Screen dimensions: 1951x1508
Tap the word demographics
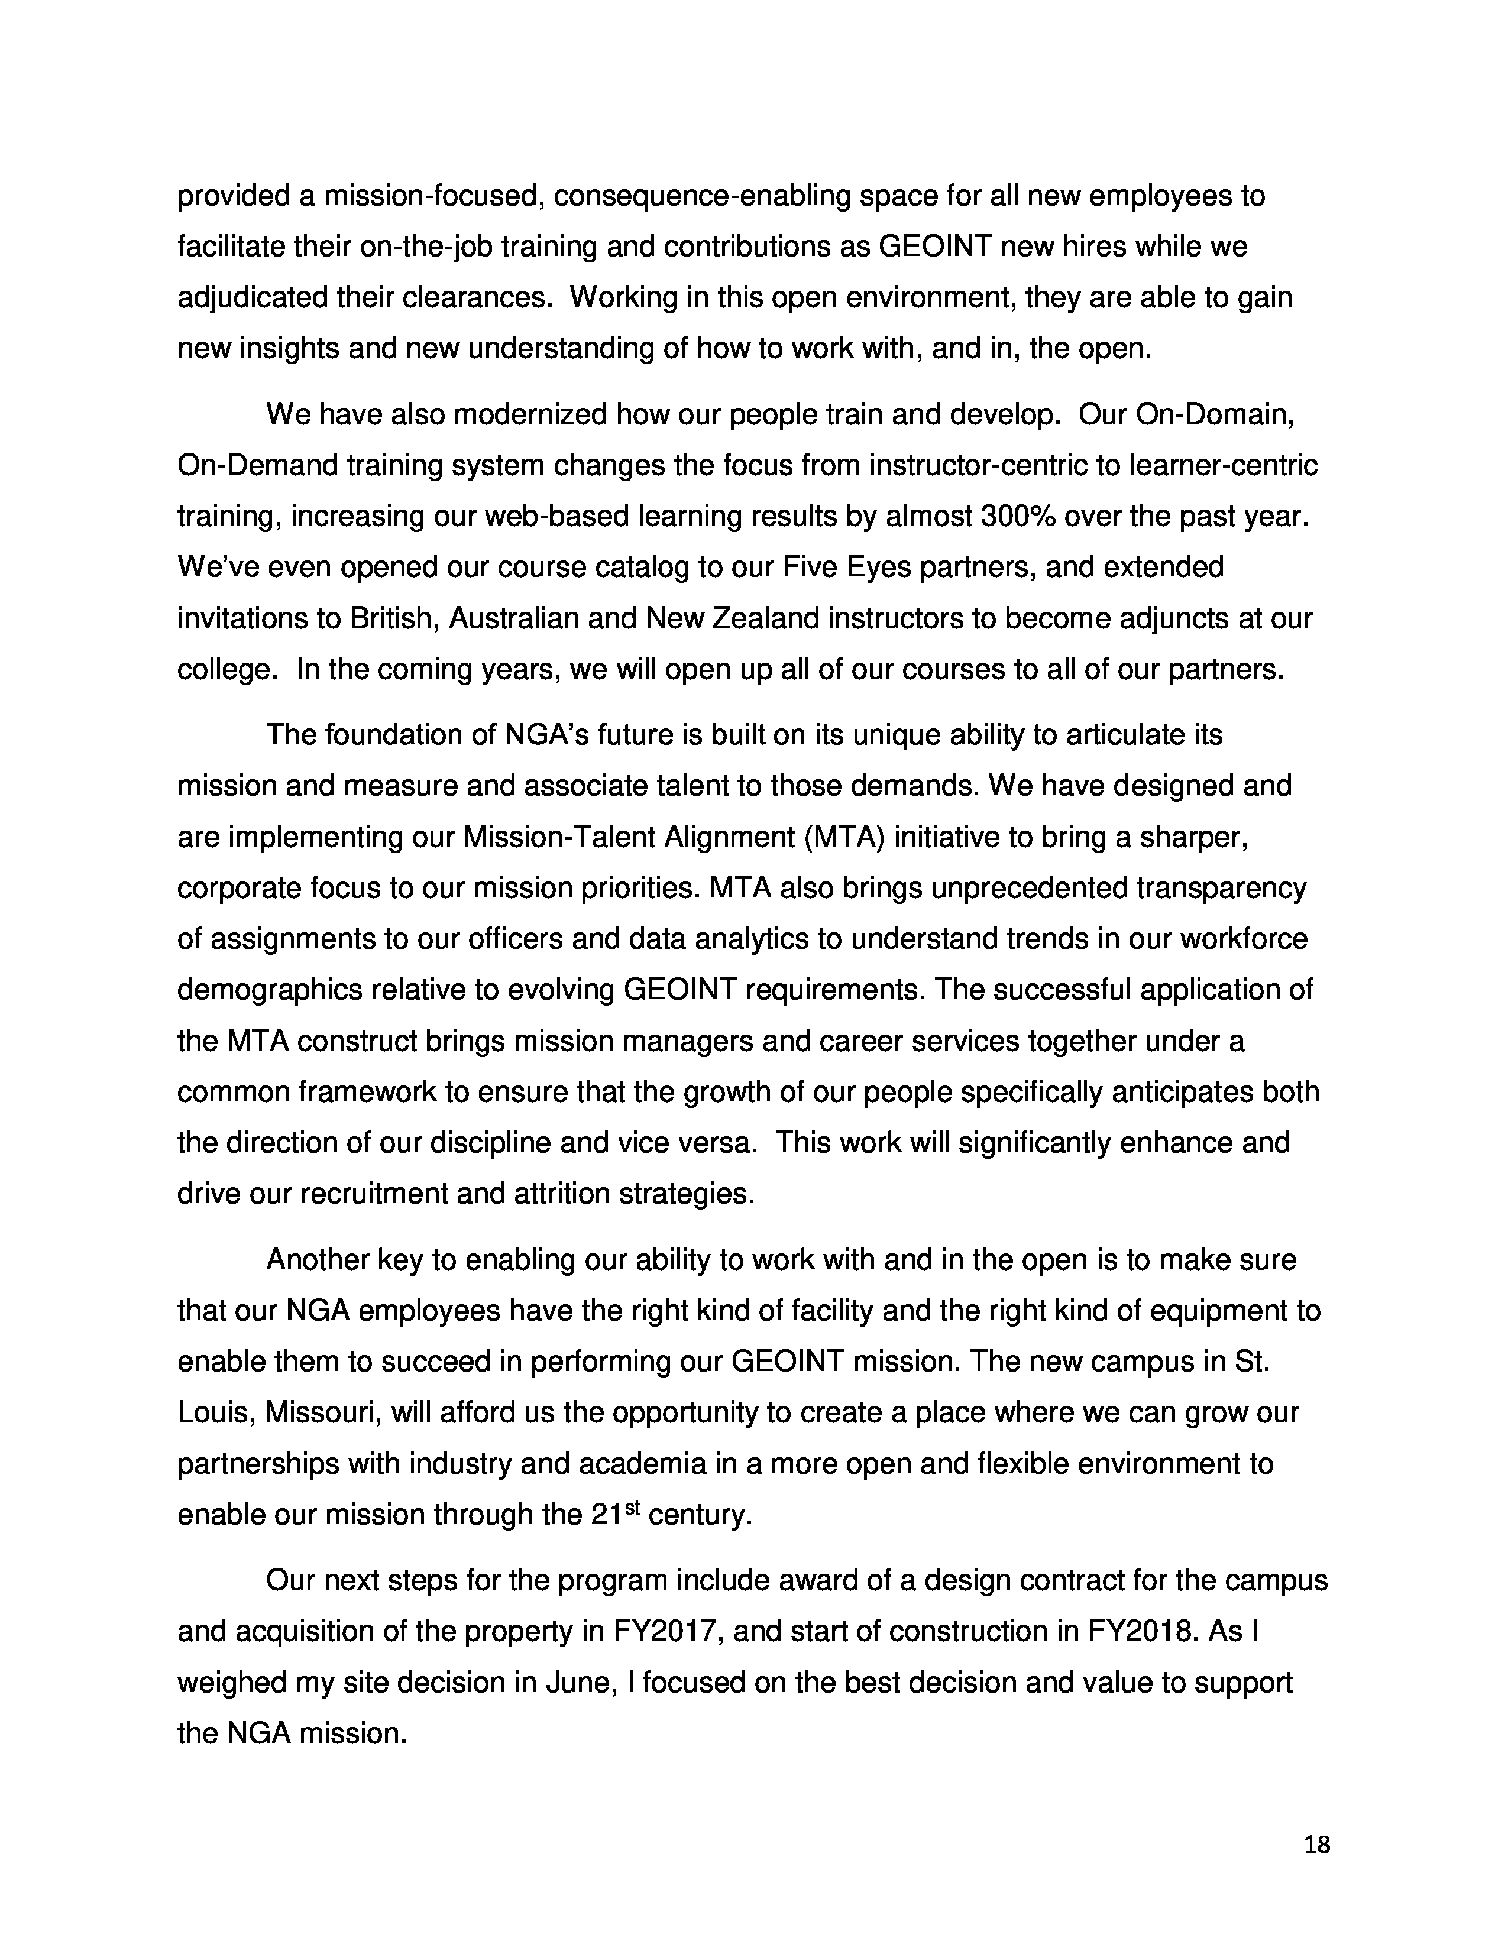270,990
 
